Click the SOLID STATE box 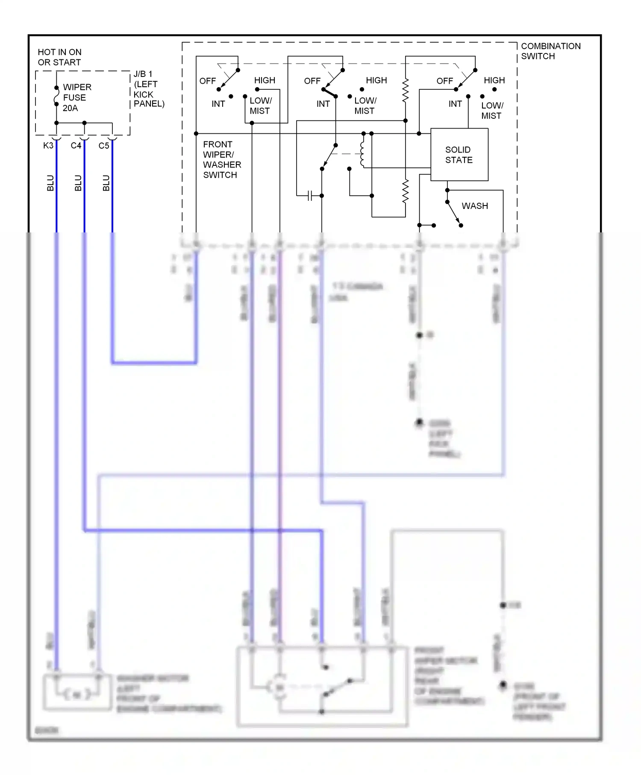pos(459,155)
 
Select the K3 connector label pos(48,146)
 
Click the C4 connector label pos(76,146)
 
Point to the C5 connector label pos(104,146)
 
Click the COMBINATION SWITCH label pos(550,51)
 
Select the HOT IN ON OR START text pos(59,57)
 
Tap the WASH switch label pos(474,206)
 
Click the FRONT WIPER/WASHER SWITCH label pos(221,159)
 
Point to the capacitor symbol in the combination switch pos(311,196)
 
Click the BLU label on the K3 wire pos(50,183)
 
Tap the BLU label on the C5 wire pos(106,183)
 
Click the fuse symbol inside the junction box pos(56,96)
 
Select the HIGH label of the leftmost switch pos(265,80)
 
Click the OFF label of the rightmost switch pos(444,81)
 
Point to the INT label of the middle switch pos(323,104)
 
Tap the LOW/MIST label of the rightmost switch pos(492,111)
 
